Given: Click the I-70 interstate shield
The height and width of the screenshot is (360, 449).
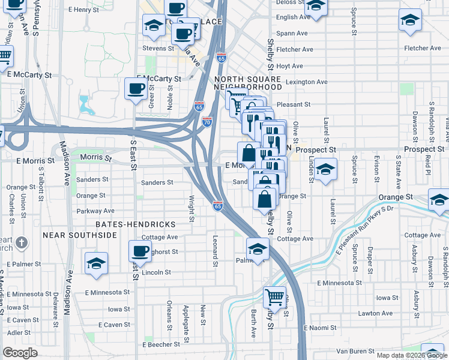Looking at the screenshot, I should click(207, 121).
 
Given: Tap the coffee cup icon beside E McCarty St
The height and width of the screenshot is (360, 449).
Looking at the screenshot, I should click(136, 89).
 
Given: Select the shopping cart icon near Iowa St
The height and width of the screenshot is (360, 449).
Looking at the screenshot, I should click(274, 296).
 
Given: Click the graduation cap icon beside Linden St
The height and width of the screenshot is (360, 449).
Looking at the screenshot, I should click(325, 169).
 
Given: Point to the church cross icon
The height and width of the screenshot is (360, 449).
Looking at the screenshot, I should click(22, 243).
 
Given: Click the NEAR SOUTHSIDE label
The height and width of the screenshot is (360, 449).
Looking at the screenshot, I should click(80, 235).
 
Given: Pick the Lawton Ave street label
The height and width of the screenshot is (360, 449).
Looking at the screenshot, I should click(375, 313).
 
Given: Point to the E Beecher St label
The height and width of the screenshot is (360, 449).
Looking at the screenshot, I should click(161, 345).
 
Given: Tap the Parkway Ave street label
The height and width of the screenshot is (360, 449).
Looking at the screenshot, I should click(95, 211).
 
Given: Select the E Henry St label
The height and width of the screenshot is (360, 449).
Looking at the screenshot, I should click(83, 10).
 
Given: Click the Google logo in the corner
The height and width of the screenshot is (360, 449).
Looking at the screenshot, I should click(20, 353).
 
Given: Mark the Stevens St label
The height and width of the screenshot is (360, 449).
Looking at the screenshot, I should click(158, 48).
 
